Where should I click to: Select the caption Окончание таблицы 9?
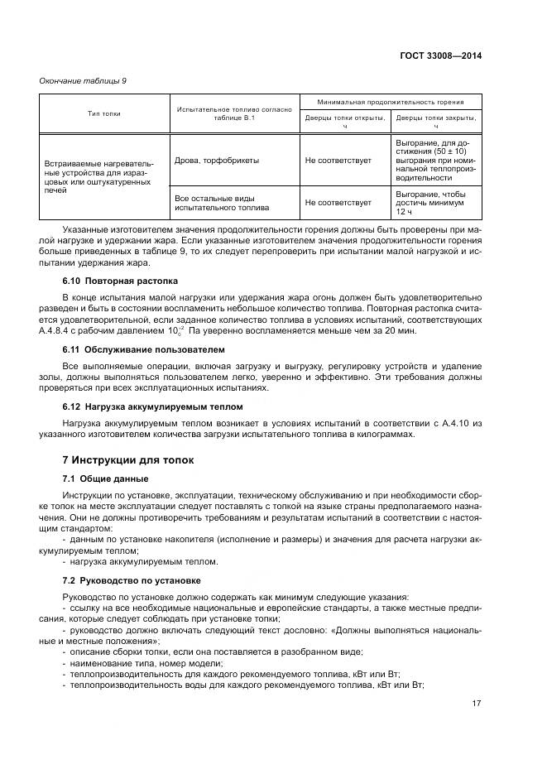[83, 80]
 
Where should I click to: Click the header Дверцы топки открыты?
[345, 122]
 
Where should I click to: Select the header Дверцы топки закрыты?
[436, 122]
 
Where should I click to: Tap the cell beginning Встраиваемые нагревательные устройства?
[99, 177]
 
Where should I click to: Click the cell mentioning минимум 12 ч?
[435, 202]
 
